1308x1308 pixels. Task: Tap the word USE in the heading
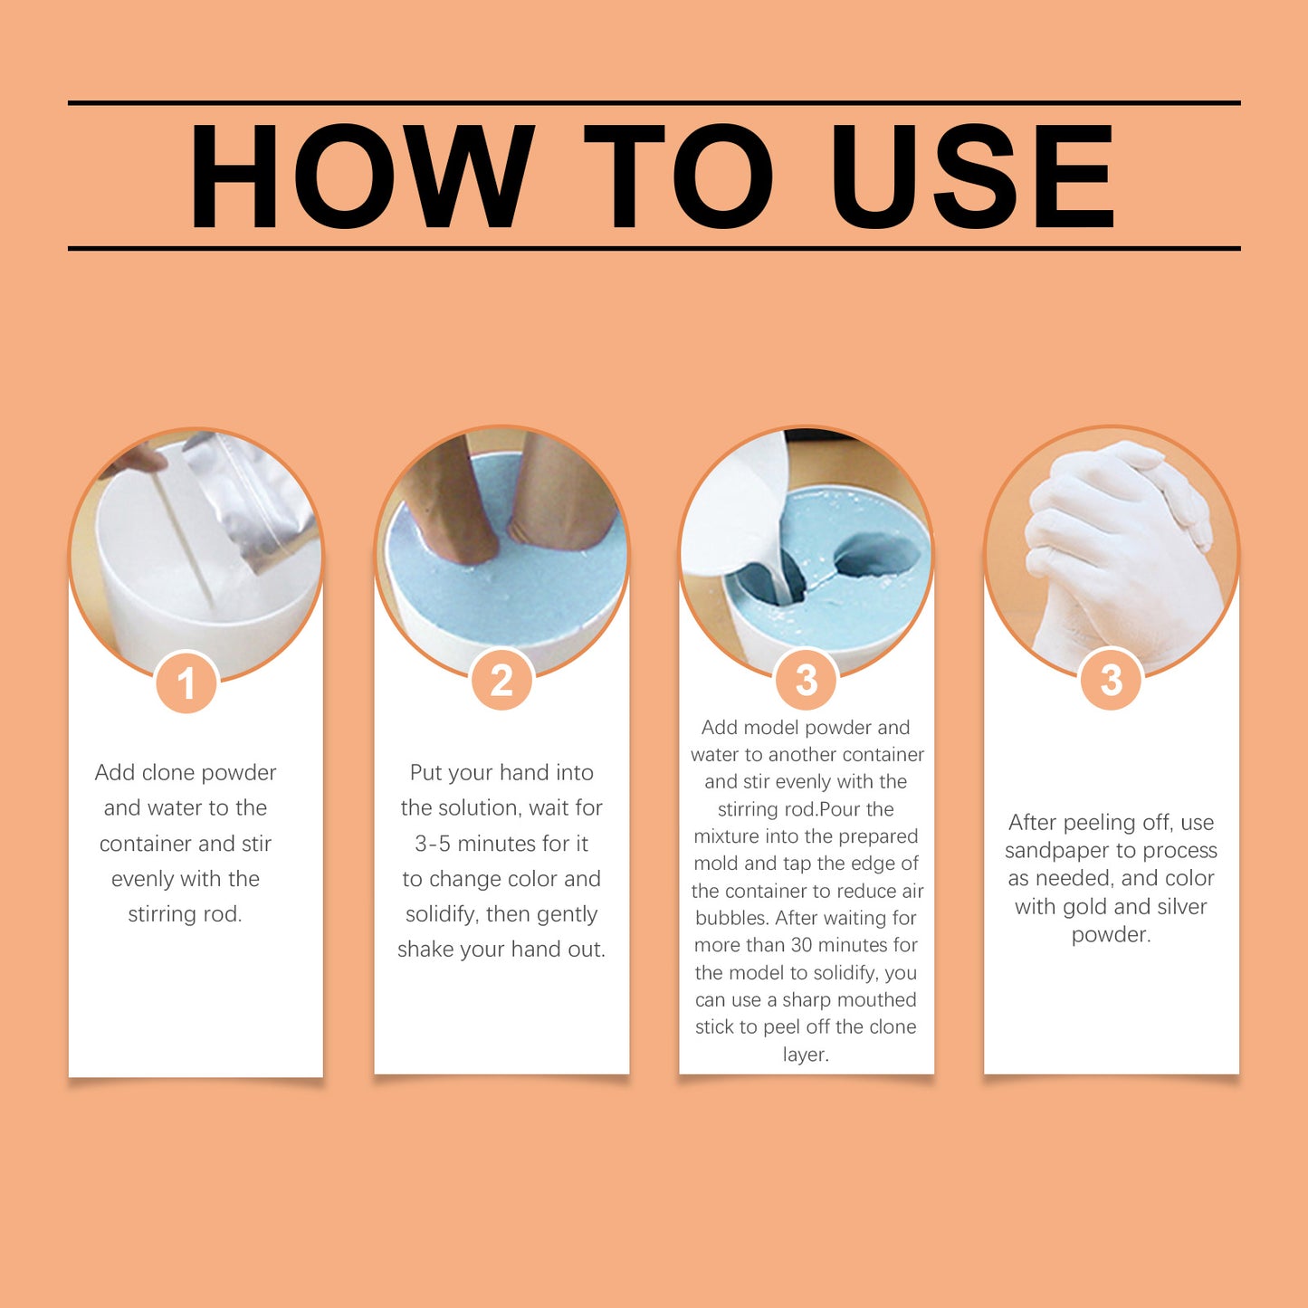(x=972, y=177)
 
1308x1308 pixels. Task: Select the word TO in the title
(x=678, y=177)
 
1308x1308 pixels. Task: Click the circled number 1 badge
(x=186, y=683)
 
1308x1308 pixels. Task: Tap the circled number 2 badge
(x=501, y=680)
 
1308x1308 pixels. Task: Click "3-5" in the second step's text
(x=432, y=844)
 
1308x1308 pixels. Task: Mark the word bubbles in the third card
(x=731, y=918)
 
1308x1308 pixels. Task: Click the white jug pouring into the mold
(x=733, y=516)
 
